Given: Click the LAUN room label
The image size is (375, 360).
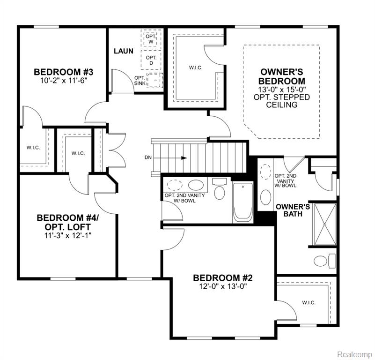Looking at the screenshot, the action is (x=124, y=51).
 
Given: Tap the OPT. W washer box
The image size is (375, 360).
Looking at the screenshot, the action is (x=151, y=39).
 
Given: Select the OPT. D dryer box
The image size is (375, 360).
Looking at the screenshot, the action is (x=151, y=60).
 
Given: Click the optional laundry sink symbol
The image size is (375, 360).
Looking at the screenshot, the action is (x=155, y=80).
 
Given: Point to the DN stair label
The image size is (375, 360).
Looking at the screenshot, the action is (x=148, y=157).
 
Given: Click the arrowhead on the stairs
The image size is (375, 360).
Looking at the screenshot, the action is (x=184, y=158).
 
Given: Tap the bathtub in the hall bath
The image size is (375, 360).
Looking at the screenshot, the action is (x=243, y=202).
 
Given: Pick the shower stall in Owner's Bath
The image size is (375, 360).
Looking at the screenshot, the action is (x=324, y=224).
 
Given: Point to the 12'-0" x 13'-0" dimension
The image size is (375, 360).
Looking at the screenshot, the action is (x=223, y=286).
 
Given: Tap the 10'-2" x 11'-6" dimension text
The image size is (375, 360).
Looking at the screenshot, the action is (x=63, y=80).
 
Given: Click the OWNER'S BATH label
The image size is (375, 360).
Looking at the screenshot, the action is (x=293, y=210).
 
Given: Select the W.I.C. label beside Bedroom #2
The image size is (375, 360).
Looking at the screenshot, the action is (x=309, y=303).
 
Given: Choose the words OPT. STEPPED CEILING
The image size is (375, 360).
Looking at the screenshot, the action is (x=282, y=101).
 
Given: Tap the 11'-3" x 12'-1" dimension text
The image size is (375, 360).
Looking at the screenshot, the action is (x=68, y=236).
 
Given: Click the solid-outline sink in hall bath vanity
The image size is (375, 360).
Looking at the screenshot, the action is (x=196, y=185).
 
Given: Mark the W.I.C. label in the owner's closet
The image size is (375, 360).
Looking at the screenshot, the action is (x=196, y=68).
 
